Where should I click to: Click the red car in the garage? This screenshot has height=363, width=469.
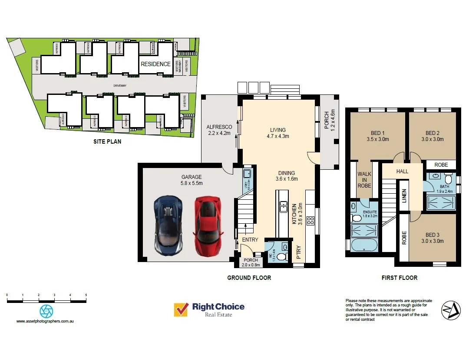[x=207, y=225]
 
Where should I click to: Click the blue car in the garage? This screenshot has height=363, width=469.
[x=168, y=226]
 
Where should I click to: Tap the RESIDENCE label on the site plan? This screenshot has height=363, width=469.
[x=155, y=64]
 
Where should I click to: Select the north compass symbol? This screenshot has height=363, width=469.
[x=450, y=310]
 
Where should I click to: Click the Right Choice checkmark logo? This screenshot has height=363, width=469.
[x=180, y=310]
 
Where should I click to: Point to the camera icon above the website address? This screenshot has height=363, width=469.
[x=46, y=311]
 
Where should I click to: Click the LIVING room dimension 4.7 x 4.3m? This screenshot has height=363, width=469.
[x=277, y=136]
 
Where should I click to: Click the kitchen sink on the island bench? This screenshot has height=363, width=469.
[x=284, y=205]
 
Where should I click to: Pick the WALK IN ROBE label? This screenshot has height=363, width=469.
[x=364, y=180]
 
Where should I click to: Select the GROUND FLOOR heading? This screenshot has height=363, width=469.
[x=249, y=278]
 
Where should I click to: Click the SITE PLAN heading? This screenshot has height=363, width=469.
[x=107, y=141]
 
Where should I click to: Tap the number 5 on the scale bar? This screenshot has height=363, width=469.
[x=86, y=295]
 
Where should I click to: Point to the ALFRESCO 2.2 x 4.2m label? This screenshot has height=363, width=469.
[x=219, y=130]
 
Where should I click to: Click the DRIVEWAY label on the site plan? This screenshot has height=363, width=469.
[x=120, y=86]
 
